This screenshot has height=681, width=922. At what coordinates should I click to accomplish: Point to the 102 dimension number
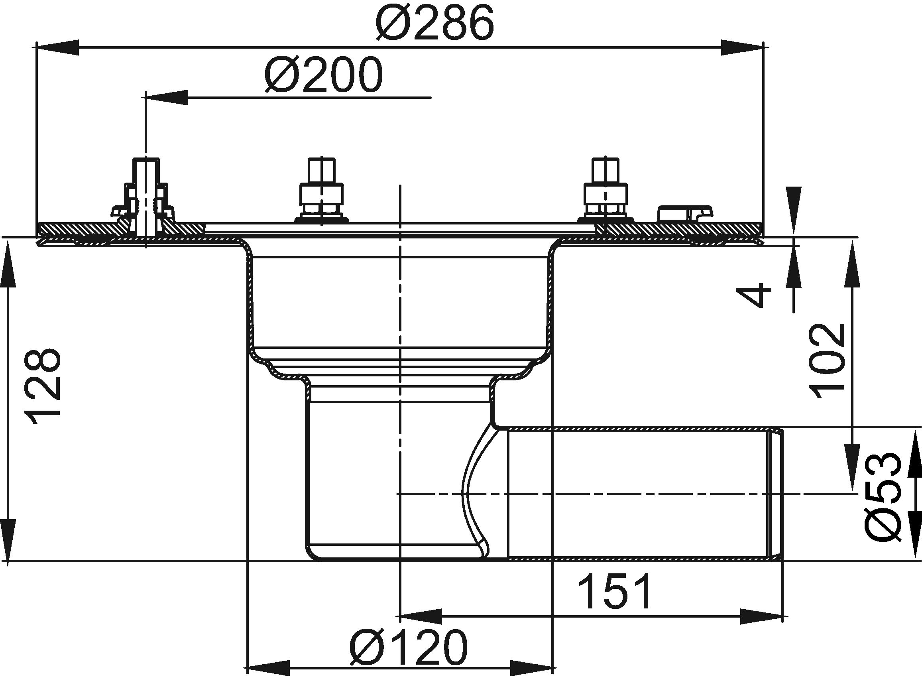coord(828,362)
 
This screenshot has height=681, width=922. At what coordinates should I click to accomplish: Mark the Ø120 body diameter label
coord(409,647)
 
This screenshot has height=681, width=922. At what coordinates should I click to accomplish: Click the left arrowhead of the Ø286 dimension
coord(57,48)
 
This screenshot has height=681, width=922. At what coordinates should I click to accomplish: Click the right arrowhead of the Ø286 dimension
coord(742,48)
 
